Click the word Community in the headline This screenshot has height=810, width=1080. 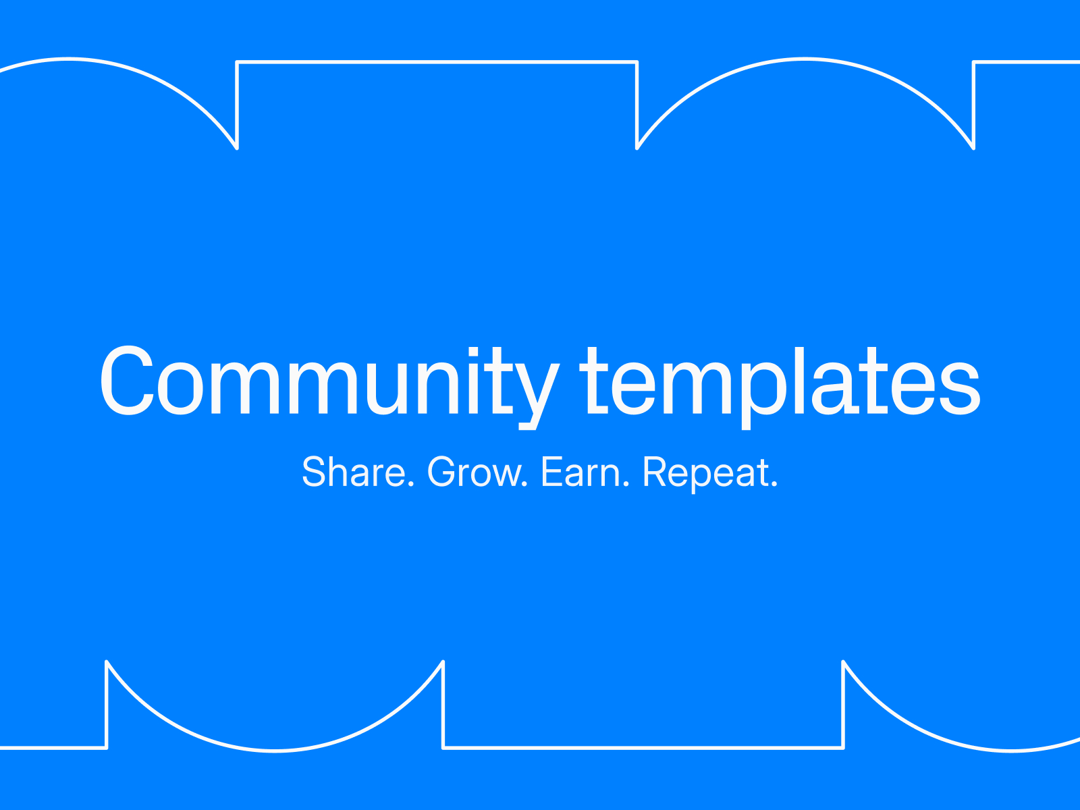click(329, 387)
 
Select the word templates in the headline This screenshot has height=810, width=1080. click(780, 387)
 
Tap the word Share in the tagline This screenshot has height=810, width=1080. click(354, 472)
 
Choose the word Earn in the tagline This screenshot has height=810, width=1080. click(580, 472)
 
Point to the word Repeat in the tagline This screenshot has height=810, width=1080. click(705, 474)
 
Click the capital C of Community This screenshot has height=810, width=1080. click(127, 380)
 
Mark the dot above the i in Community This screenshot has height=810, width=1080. click(473, 350)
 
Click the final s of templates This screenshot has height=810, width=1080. click(960, 389)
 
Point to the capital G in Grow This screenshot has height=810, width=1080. click(441, 472)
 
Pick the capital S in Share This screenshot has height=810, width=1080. click(314, 472)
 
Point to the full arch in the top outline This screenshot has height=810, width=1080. click(805, 59)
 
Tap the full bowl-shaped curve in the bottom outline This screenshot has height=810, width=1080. click(275, 751)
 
